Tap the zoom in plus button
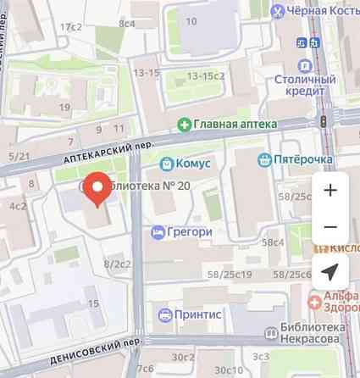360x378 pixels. coord(330,190)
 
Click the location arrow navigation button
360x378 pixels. coord(330,272)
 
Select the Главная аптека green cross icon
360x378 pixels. coord(183,124)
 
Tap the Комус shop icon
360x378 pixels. coord(167,162)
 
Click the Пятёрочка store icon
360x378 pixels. coord(265,158)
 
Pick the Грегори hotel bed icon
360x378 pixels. coord(158,231)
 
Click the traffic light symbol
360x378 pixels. coord(323,123)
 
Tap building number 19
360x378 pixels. coord(65,107)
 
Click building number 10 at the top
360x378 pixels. coord(191,21)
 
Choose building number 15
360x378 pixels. coord(93,303)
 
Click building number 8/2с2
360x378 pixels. coord(117,264)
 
